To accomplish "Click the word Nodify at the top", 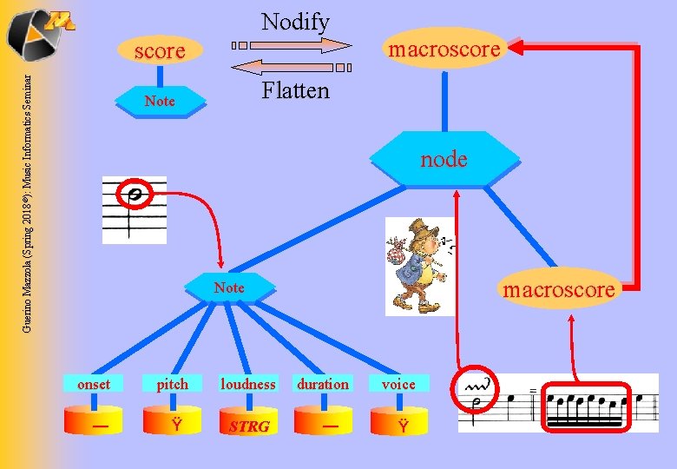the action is pos(295,21).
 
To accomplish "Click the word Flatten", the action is pos(295,89).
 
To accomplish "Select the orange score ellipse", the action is pos(160,51).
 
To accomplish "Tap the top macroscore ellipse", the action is pos(444,50).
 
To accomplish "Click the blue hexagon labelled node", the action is pos(444,159).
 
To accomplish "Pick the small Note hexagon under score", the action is pos(160,101).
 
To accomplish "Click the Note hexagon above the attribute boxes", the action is pos(229,287).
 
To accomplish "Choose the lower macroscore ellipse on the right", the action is pos(558,289).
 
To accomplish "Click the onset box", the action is pos(94,384).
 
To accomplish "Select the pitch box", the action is pos(172,384).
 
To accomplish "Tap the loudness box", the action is pos(248,384).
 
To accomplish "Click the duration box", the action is pos(323,384).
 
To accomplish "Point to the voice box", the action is pos(398,384).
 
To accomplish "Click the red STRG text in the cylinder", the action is pos(248,426).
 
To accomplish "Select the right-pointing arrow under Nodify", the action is pos(292,46).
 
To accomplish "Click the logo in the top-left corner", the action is pos(40,30).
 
